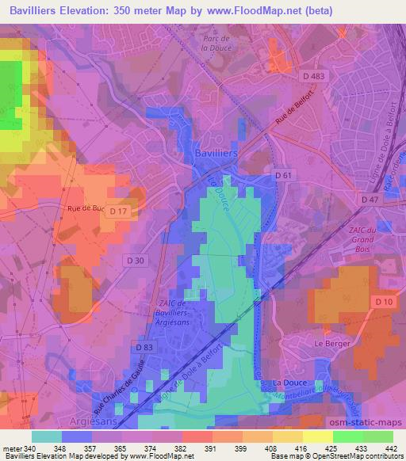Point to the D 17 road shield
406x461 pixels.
click(x=118, y=211)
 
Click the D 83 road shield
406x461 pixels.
click(x=144, y=347)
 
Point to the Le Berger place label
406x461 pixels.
click(x=331, y=343)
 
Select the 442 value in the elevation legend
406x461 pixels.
click(x=390, y=448)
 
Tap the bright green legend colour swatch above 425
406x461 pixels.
click(x=347, y=436)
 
